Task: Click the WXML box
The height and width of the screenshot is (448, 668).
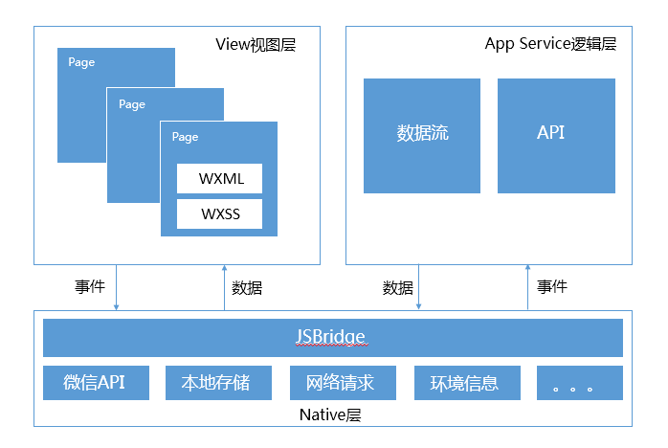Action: point(219,178)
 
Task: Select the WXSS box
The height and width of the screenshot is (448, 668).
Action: point(219,213)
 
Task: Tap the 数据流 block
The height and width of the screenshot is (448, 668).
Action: point(422,136)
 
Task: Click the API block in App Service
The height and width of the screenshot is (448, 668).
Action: point(556,136)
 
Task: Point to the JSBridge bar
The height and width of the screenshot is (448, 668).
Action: point(333,338)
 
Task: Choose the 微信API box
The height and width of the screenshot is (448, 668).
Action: point(96,383)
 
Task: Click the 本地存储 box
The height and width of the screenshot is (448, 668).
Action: point(218,383)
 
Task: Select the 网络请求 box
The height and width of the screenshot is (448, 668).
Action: point(343,383)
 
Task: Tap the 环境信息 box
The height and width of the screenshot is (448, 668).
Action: point(467,383)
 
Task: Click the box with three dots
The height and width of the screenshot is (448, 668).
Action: point(580,383)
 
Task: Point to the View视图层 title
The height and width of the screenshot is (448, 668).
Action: point(256,44)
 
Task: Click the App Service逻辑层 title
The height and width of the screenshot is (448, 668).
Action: point(550,44)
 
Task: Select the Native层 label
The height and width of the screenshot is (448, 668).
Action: point(330,414)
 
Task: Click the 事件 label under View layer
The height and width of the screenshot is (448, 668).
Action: point(90,286)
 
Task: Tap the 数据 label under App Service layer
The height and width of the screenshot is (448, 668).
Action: point(397,288)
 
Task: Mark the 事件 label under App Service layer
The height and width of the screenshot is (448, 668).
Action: point(552,286)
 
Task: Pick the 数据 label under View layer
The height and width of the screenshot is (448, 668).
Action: point(247,288)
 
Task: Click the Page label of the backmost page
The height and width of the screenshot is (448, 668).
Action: point(81,62)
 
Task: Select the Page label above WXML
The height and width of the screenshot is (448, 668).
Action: point(185,137)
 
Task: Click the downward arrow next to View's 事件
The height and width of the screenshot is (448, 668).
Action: point(117,287)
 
